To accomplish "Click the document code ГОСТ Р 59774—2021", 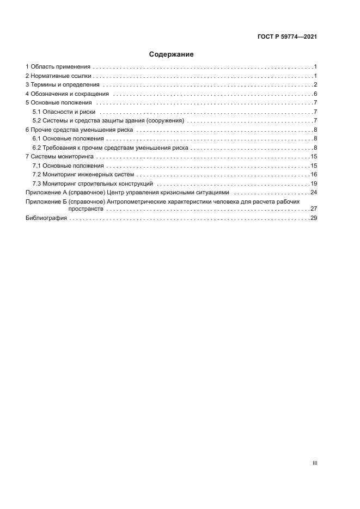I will (x=287, y=37).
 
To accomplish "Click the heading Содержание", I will (x=171, y=54).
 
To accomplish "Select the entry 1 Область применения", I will (x=58, y=66).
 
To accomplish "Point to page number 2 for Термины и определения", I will (x=315, y=84).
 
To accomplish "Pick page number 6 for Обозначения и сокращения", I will (x=315, y=94).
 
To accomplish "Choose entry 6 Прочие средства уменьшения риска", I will (x=80, y=130).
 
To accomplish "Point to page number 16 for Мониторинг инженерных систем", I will (x=314, y=174).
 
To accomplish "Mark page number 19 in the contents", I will (x=314, y=183).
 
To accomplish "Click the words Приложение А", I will (x=47, y=193).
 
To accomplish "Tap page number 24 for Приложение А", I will (x=314, y=193).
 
